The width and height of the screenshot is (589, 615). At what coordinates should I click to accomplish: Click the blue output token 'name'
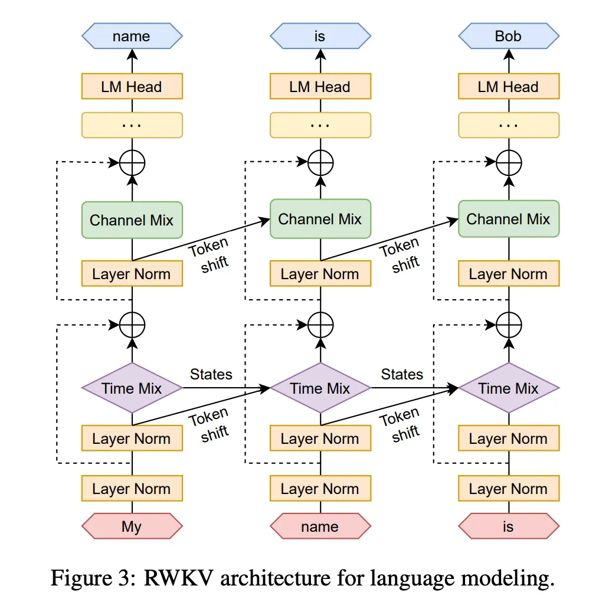[132, 37]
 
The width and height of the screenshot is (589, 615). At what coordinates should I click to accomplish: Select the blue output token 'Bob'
[508, 37]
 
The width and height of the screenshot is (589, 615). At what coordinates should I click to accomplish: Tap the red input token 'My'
[132, 526]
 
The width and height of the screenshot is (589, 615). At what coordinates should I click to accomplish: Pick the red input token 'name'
[320, 526]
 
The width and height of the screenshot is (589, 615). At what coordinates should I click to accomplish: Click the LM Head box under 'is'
[320, 87]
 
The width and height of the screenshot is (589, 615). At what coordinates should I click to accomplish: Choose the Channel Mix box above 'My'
[132, 220]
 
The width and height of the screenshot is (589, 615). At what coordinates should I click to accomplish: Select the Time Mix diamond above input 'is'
[508, 388]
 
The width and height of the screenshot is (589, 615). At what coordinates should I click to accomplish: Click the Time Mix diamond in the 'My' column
[132, 388]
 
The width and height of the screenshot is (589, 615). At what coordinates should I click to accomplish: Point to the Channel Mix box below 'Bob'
[508, 219]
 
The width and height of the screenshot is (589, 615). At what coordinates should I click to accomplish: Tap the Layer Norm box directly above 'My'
[132, 489]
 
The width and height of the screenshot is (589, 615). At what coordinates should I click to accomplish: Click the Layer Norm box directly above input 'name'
[320, 489]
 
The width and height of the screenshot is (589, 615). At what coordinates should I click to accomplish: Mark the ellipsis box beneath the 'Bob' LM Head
[508, 125]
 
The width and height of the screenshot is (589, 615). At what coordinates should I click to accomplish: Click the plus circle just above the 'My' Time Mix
[132, 324]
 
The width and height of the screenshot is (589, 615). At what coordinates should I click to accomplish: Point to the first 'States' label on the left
[211, 374]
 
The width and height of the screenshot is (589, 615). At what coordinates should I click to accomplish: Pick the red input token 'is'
[508, 526]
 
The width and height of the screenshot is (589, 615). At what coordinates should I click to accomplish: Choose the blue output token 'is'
[320, 37]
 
